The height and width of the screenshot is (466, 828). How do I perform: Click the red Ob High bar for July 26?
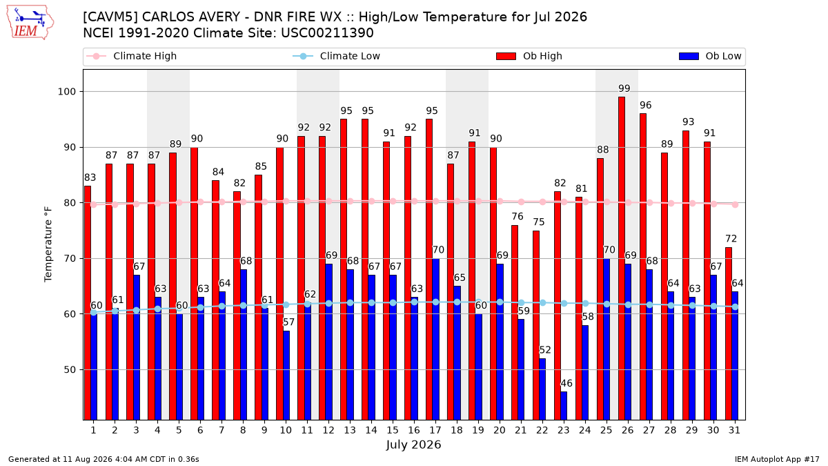pyautogui.click(x=622, y=258)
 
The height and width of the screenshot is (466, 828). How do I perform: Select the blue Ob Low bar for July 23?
pyautogui.click(x=564, y=406)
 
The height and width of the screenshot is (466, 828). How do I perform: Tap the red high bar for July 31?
pyautogui.click(x=729, y=333)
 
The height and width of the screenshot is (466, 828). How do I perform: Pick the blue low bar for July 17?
pyautogui.click(x=435, y=339)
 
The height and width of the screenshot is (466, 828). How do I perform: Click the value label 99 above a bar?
pyautogui.click(x=624, y=88)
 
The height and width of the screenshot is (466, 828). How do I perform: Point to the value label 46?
pyautogui.click(x=566, y=383)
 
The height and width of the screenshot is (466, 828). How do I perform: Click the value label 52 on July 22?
pyautogui.click(x=545, y=350)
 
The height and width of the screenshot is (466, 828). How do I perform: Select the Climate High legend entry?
pyautogui.click(x=131, y=56)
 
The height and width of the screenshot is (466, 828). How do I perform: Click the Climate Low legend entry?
pyautogui.click(x=337, y=56)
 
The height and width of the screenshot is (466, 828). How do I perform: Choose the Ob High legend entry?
pyautogui.click(x=529, y=56)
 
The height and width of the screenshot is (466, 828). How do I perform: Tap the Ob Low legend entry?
pyautogui.click(x=710, y=56)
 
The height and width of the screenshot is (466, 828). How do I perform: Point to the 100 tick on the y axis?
pyautogui.click(x=66, y=92)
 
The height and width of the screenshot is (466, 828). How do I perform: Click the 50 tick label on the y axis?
pyautogui.click(x=70, y=369)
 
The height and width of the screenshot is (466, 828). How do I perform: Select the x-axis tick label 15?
pyautogui.click(x=393, y=430)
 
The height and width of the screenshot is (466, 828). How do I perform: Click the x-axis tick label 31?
pyautogui.click(x=734, y=430)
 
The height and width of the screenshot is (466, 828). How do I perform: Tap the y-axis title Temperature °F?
pyautogui.click(x=48, y=244)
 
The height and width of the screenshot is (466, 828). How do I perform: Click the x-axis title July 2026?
pyautogui.click(x=413, y=445)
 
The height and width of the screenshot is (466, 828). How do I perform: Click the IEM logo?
pyautogui.click(x=30, y=23)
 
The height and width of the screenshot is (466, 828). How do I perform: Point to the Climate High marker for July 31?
pyautogui.click(x=736, y=204)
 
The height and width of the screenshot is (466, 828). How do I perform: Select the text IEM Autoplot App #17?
pyautogui.click(x=777, y=459)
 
